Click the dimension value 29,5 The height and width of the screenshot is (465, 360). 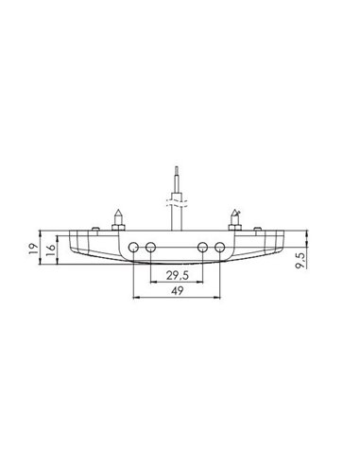pyautogui.click(x=176, y=275)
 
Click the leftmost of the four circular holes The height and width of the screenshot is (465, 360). pyautogui.click(x=133, y=248)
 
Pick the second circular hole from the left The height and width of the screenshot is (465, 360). pyautogui.click(x=150, y=248)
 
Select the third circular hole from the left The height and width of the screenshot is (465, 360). pyautogui.click(x=203, y=248)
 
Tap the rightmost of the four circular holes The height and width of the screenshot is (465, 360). pyautogui.click(x=219, y=248)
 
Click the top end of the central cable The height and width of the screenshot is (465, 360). pyautogui.click(x=176, y=168)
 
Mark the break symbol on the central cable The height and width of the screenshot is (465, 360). pyautogui.click(x=176, y=201)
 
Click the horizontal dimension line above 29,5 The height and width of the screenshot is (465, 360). pyautogui.click(x=177, y=283)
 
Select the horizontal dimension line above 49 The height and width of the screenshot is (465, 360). pyautogui.click(x=177, y=301)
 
